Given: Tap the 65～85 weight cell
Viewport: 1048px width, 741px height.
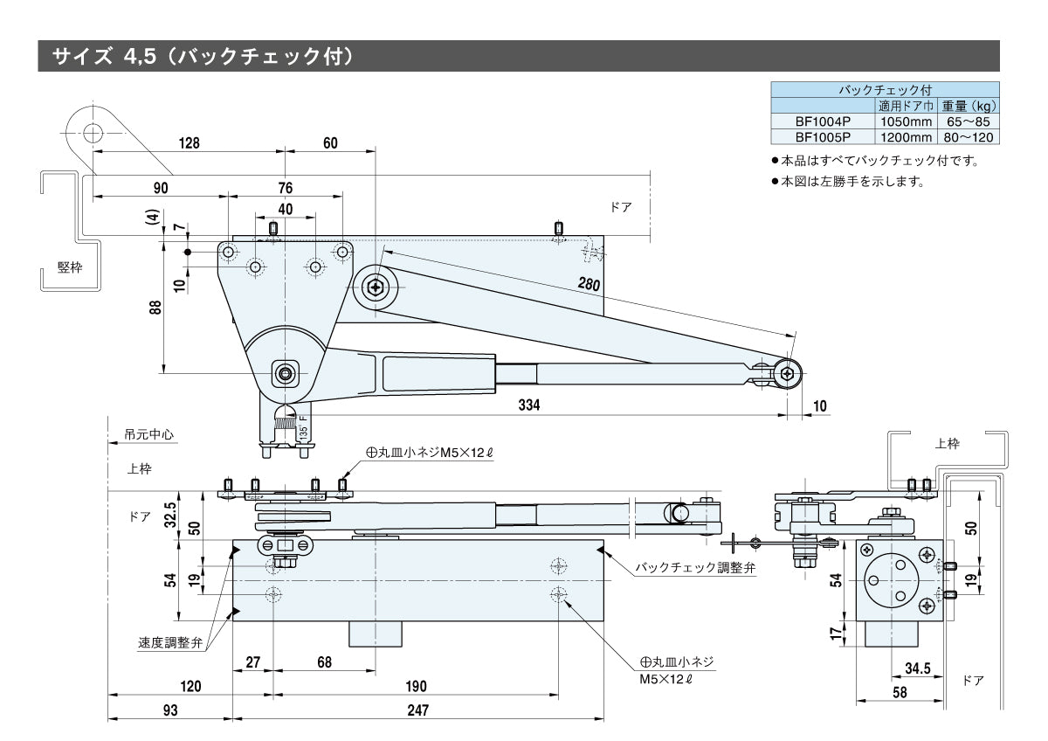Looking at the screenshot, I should click(968, 122).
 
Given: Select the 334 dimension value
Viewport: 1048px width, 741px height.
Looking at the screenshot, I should click(529, 405).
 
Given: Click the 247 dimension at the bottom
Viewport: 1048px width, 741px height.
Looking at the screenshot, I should click(418, 710).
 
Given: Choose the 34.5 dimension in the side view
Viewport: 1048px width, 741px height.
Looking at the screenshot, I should click(917, 669).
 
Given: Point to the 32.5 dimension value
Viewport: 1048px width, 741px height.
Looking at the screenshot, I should click(172, 509).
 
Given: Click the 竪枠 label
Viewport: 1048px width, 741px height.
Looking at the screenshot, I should click(70, 267).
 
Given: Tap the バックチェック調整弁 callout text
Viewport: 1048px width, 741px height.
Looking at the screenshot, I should click(694, 567).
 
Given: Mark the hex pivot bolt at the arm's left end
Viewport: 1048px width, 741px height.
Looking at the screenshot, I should click(376, 286).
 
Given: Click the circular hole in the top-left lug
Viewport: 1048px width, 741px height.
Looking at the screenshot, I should click(93, 133).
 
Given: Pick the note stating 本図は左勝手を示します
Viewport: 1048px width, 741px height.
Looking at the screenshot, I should click(851, 182).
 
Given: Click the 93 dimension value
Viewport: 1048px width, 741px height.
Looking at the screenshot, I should click(169, 710).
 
